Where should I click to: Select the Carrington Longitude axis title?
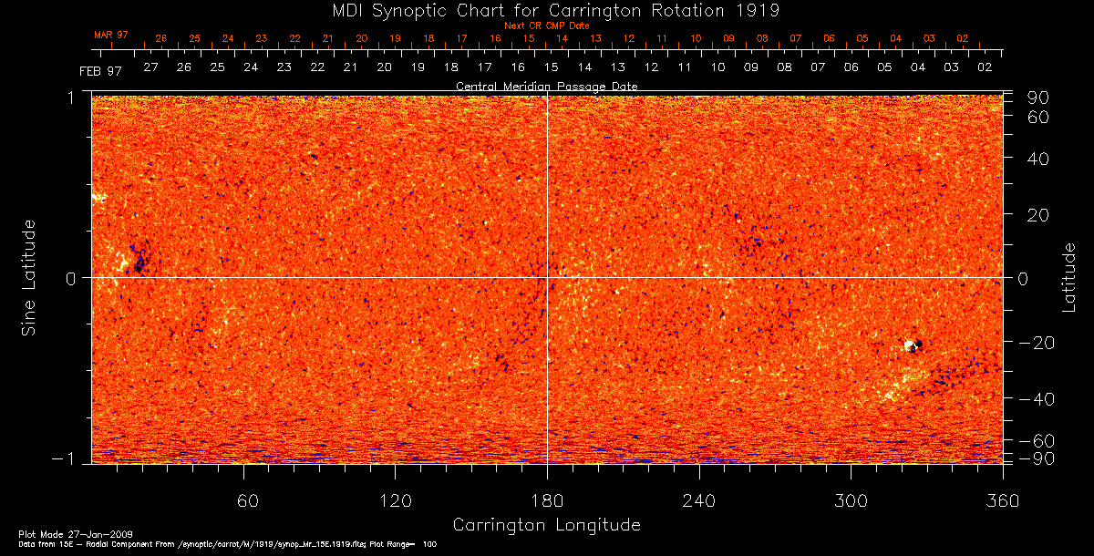[546, 525]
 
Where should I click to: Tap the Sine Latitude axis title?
[30, 277]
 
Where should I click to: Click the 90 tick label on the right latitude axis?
[1039, 98]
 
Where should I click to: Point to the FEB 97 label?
[100, 70]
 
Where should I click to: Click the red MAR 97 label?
[111, 35]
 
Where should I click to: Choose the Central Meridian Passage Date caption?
[546, 86]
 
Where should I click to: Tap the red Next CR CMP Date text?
[546, 26]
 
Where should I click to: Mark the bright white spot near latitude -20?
[909, 345]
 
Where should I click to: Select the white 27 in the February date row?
[150, 67]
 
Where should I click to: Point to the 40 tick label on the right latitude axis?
[1039, 159]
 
